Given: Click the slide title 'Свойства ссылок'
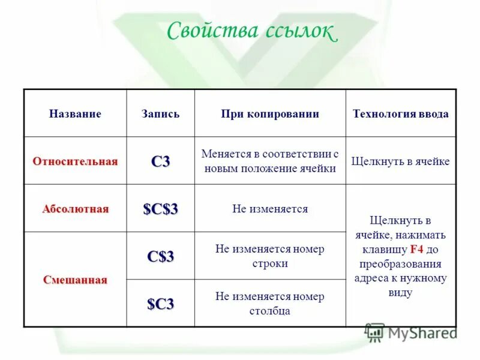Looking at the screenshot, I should point(251,31).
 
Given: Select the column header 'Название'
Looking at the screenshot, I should point(75,114).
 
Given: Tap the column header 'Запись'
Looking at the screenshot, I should point(160,114).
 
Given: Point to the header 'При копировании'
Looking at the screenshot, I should point(270,114).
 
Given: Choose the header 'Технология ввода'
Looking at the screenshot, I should point(401,114).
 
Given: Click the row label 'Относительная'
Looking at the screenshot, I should point(75,161).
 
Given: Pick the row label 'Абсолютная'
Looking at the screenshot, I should point(76,209).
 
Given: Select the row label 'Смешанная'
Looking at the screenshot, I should point(75,280).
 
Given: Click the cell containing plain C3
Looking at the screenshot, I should point(160,161).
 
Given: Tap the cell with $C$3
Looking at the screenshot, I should point(160,209).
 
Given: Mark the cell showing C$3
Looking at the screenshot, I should point(160,256).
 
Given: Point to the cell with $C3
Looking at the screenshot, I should point(160,304).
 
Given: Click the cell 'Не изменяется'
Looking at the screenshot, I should point(270,209).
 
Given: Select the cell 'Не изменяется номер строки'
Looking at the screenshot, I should point(270,256).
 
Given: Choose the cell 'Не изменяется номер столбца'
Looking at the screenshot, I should point(270,304).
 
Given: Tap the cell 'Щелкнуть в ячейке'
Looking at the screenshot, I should point(401,161).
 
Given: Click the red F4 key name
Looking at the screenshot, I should point(417,248).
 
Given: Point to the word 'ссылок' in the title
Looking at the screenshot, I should point(299,31).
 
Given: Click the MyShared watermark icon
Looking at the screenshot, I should point(375,332).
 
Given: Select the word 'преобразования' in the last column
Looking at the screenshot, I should point(401,263).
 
